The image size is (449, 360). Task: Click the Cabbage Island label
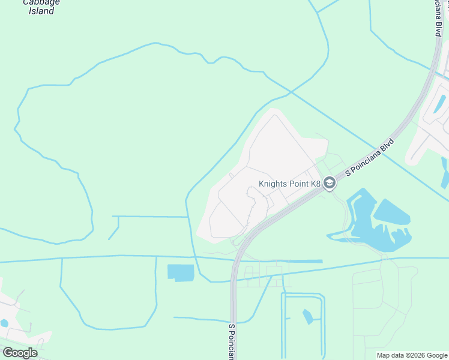tap(41, 6)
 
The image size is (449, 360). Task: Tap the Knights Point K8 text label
tap(290, 184)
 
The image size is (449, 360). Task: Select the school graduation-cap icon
tap(330, 184)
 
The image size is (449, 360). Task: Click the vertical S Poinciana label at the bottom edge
tap(231, 342)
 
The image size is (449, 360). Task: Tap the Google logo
tap(20, 353)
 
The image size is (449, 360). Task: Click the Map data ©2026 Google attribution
tap(412, 356)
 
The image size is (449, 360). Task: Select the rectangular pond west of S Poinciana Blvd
tap(181, 273)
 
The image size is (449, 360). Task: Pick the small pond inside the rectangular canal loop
tap(308, 316)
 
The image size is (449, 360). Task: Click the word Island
tap(41, 11)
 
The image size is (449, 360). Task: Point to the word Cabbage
tap(41, 2)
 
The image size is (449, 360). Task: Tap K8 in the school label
tap(316, 184)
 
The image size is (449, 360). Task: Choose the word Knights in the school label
tap(273, 184)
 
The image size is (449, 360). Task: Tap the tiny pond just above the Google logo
tap(5, 323)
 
